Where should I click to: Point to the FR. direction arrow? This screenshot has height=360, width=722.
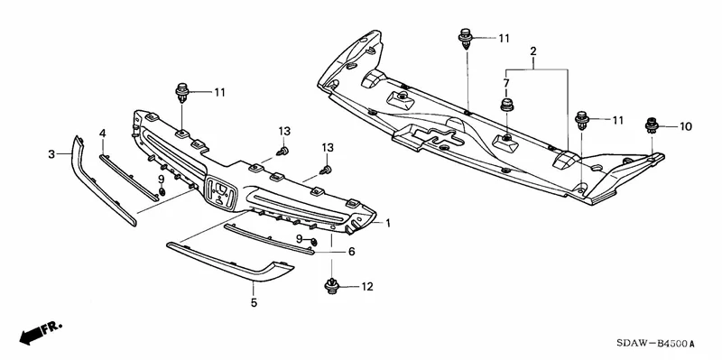pos(40,332)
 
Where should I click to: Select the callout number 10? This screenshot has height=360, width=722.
pos(686,126)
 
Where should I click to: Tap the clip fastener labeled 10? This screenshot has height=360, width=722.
pos(652,125)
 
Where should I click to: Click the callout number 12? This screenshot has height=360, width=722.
pos(366,287)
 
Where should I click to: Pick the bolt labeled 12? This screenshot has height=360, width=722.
pos(331,286)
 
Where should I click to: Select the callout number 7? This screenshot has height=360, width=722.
pos(506,83)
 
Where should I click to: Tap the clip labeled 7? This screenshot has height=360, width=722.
pos(506,105)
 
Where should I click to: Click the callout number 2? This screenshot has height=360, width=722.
pos(532,51)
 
